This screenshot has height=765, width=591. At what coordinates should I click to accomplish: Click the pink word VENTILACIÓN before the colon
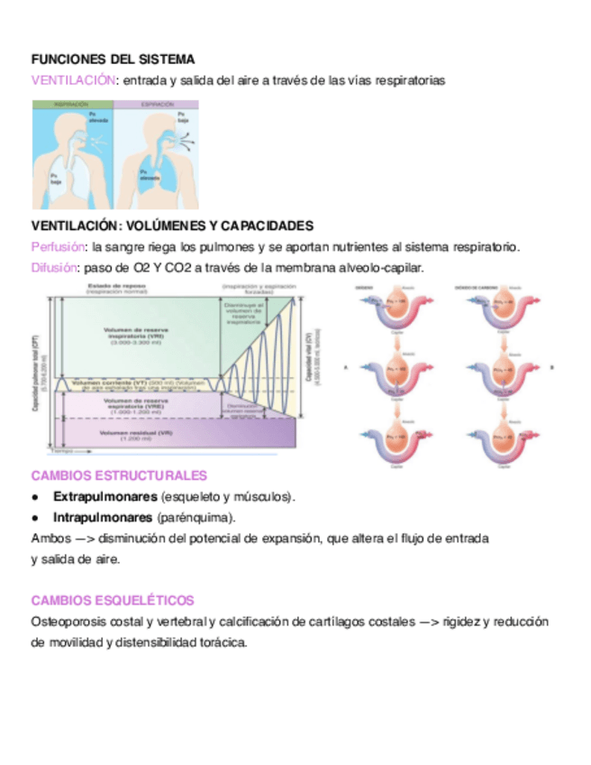coord(73,80)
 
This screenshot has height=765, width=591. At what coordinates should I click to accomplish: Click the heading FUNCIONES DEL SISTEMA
coord(113,60)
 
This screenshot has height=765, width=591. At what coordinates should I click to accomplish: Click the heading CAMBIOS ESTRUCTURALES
coord(119,475)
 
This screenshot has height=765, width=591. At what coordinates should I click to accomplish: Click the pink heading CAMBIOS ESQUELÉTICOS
coord(113,600)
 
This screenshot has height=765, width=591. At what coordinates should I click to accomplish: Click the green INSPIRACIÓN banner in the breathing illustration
coord(72,105)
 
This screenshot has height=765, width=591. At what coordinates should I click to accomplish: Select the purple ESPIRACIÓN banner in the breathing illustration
coord(157,105)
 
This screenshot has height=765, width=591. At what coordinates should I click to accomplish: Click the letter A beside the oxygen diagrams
coord(348,368)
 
